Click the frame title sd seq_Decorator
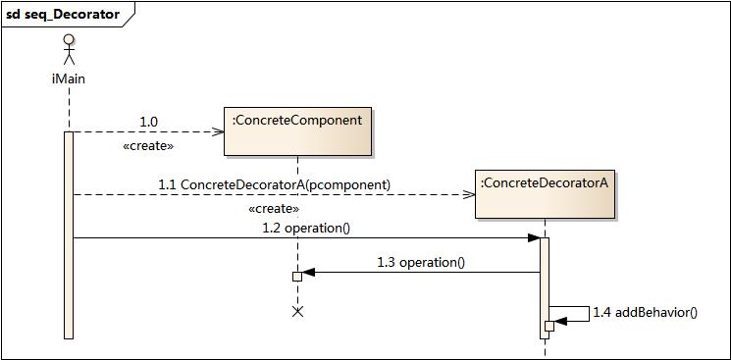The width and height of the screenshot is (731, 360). [x=63, y=15]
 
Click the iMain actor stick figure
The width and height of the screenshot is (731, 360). [x=69, y=50]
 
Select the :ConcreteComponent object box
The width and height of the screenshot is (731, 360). [x=297, y=131]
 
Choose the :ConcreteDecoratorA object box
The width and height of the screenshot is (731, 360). [x=544, y=193]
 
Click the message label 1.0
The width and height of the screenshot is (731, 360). [x=148, y=123]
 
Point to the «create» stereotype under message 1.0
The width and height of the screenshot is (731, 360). [x=148, y=145]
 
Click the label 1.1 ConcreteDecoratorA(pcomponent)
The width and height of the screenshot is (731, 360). [x=274, y=184]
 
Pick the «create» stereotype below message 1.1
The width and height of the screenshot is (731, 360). [x=274, y=208]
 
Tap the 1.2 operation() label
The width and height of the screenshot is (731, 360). [x=306, y=228]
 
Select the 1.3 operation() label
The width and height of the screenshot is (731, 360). [x=420, y=262]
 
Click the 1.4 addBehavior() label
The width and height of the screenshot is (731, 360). [x=645, y=312]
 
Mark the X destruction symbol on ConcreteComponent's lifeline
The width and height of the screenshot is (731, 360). [x=298, y=311]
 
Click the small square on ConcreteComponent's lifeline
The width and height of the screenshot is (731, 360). [x=297, y=277]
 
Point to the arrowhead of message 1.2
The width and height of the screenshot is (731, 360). [x=534, y=237]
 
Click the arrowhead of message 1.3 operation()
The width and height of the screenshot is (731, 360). [x=308, y=273]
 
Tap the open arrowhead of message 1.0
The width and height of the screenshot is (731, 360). [x=220, y=131]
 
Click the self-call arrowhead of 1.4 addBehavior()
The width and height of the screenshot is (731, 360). [x=560, y=322]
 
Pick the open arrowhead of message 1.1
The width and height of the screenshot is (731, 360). [x=469, y=194]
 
